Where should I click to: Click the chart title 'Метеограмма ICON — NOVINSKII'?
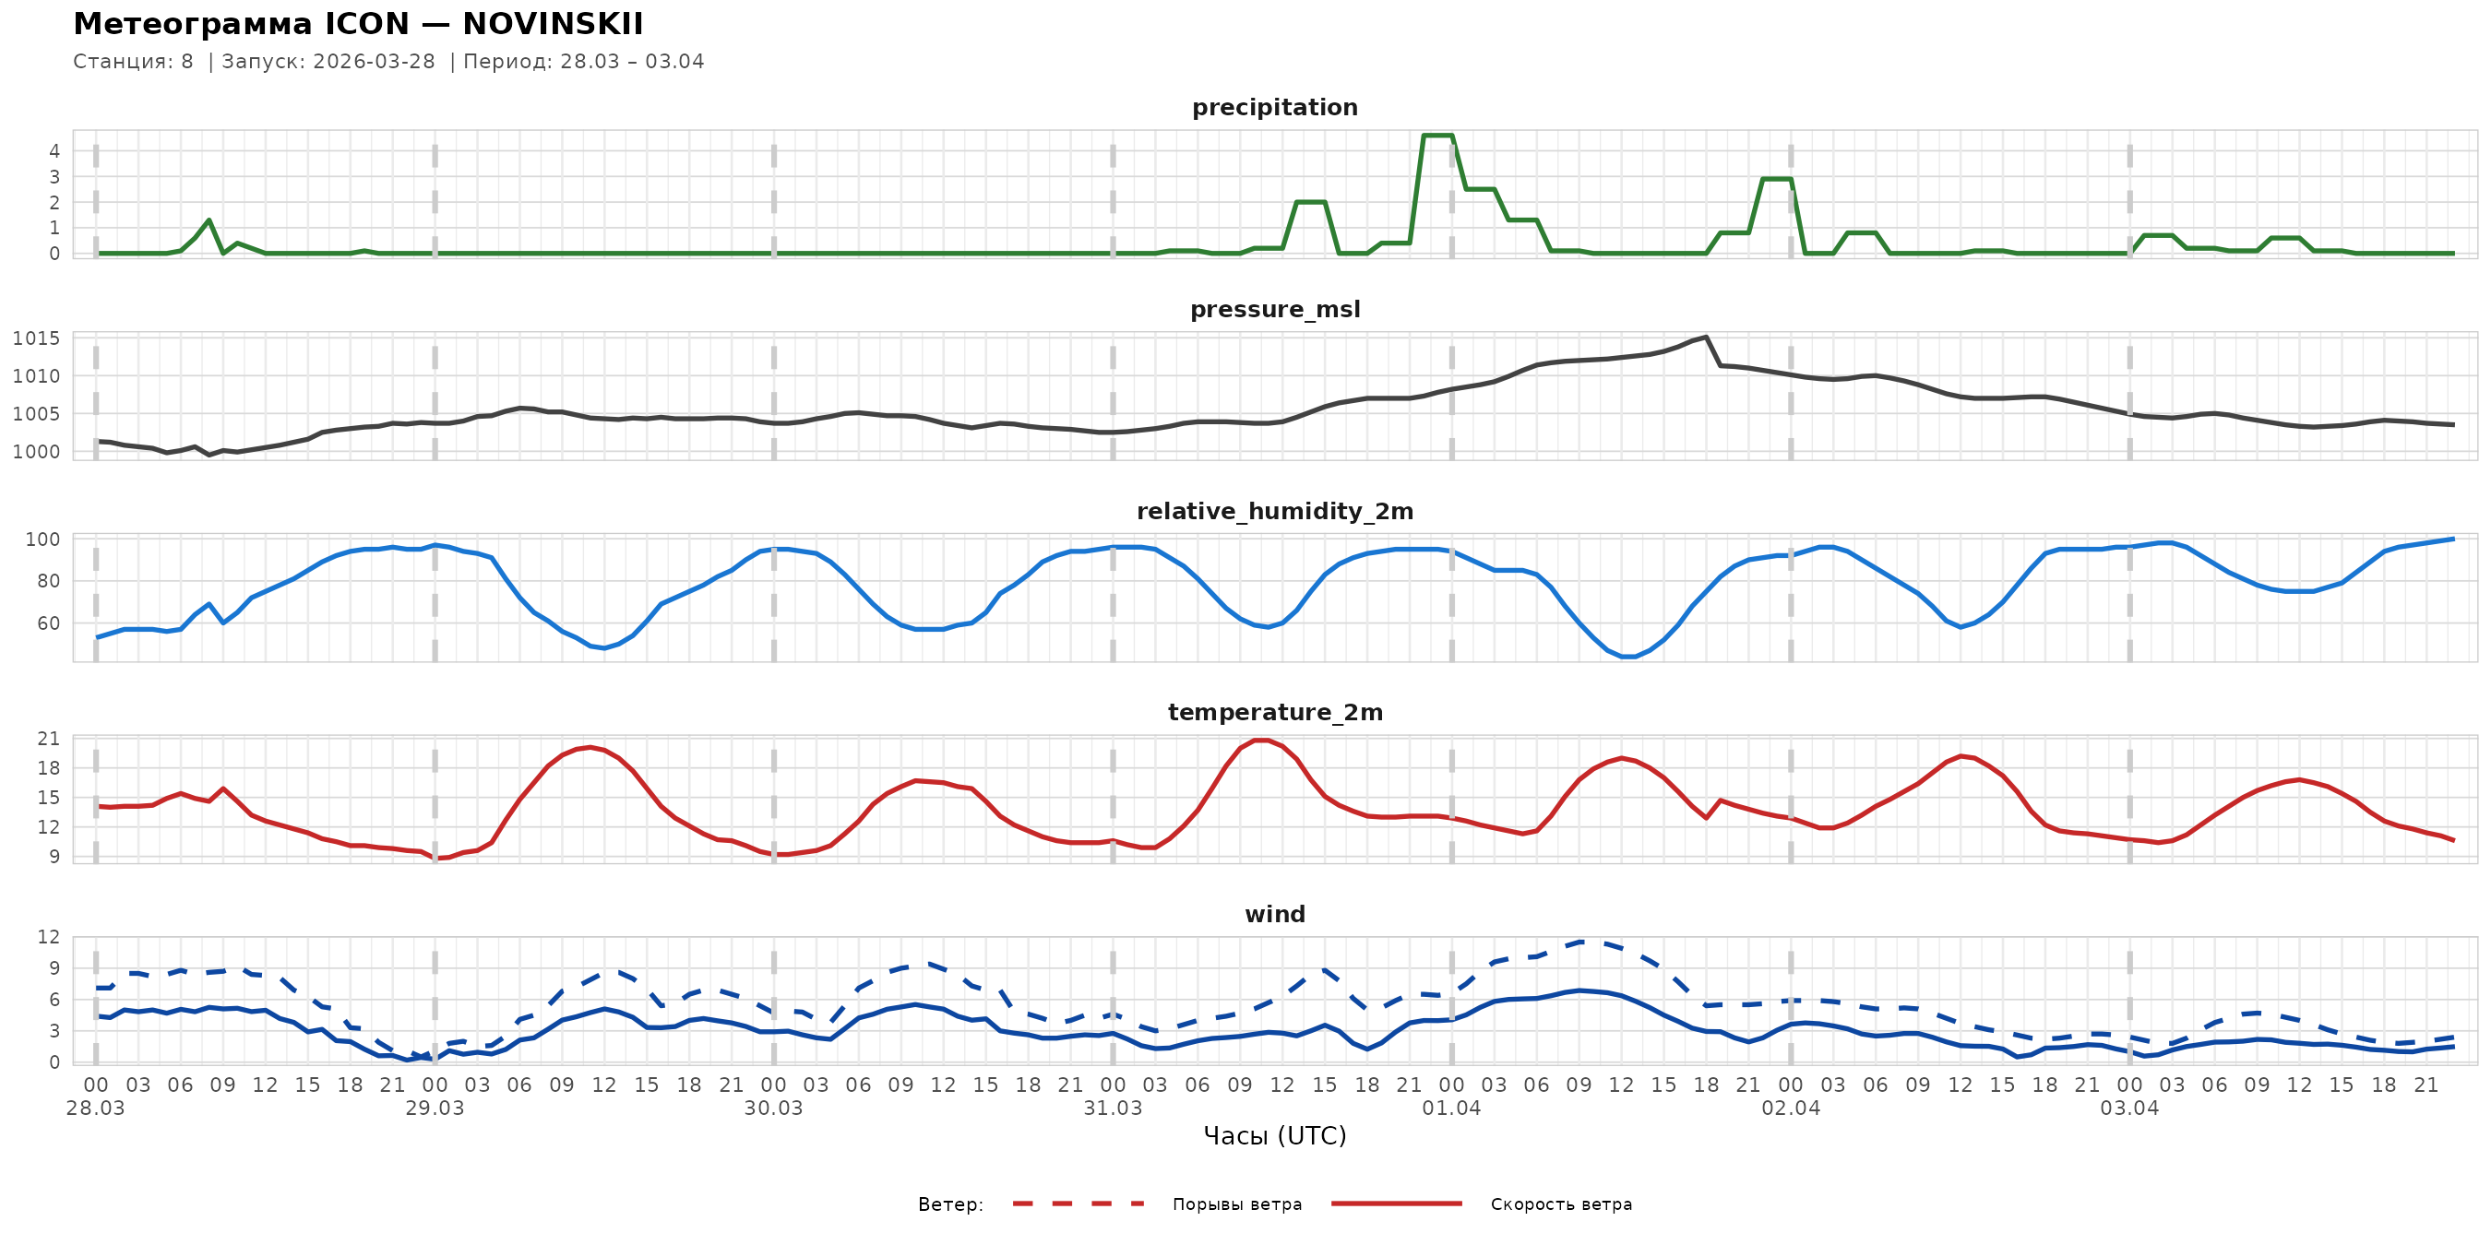pyautogui.click(x=358, y=24)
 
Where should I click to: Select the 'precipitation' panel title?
pyautogui.click(x=1274, y=107)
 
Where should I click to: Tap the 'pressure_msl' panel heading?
pyautogui.click(x=1274, y=309)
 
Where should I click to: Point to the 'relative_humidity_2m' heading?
pyautogui.click(x=1274, y=511)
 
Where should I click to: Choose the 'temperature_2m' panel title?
pyautogui.click(x=1274, y=712)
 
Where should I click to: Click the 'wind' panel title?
pyautogui.click(x=1274, y=915)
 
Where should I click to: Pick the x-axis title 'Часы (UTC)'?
pyautogui.click(x=1274, y=1136)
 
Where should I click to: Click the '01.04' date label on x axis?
pyautogui.click(x=1450, y=1109)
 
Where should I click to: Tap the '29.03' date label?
pyautogui.click(x=435, y=1109)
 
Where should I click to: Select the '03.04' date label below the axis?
pyautogui.click(x=2128, y=1109)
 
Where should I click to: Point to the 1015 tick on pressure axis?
pyautogui.click(x=36, y=338)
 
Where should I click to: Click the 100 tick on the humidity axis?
pyautogui.click(x=42, y=539)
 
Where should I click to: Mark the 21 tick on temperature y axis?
pyautogui.click(x=48, y=739)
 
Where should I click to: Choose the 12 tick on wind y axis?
pyautogui.click(x=48, y=937)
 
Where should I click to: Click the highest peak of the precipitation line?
pyautogui.click(x=1437, y=136)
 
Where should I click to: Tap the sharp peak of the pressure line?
pyautogui.click(x=1706, y=338)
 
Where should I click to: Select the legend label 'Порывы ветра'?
pyautogui.click(x=1237, y=1204)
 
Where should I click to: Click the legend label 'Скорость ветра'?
pyautogui.click(x=1561, y=1204)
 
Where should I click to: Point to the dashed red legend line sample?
pyautogui.click(x=1079, y=1204)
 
